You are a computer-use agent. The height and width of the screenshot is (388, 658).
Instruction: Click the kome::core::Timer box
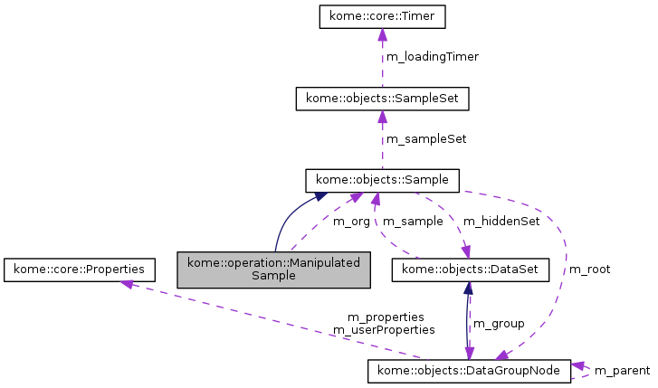pos(382,16)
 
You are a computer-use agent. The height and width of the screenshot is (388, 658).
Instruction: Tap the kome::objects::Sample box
pos(383,179)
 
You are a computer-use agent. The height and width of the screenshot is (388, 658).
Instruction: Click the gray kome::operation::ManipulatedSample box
pos(273,270)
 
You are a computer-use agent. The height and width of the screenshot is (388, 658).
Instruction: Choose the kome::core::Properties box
pos(79,270)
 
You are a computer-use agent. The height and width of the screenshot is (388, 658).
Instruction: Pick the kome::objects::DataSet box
pos(468,270)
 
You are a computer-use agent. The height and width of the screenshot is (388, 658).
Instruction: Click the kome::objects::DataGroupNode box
pos(469,371)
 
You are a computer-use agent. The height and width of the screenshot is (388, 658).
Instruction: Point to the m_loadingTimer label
pos(433,57)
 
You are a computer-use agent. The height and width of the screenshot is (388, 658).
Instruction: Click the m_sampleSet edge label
pos(426,139)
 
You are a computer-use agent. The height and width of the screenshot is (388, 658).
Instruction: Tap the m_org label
pos(351,222)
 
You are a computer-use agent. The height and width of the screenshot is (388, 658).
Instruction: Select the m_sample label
pos(412,222)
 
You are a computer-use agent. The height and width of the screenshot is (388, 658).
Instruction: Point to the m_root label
pos(589,270)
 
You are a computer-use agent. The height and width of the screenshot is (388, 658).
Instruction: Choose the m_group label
pos(499,323)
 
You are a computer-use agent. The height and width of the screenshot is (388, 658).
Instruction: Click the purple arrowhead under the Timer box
pos(382,35)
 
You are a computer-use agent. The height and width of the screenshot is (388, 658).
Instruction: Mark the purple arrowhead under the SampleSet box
pos(382,117)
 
